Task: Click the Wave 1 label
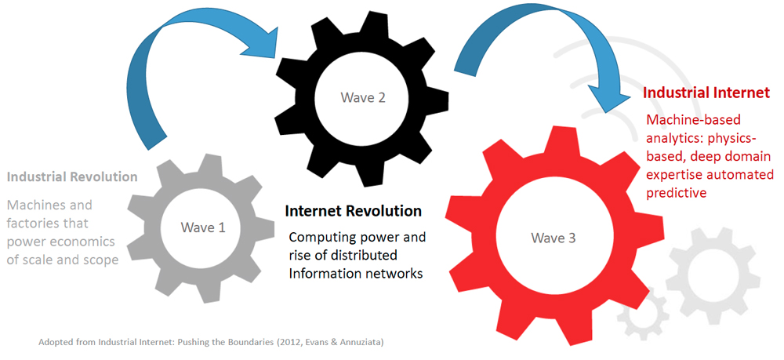(x=203, y=227)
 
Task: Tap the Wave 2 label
(x=363, y=97)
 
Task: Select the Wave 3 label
(x=553, y=238)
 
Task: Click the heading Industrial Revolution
(x=72, y=176)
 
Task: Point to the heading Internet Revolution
(x=353, y=210)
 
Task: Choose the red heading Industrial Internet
(x=706, y=93)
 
